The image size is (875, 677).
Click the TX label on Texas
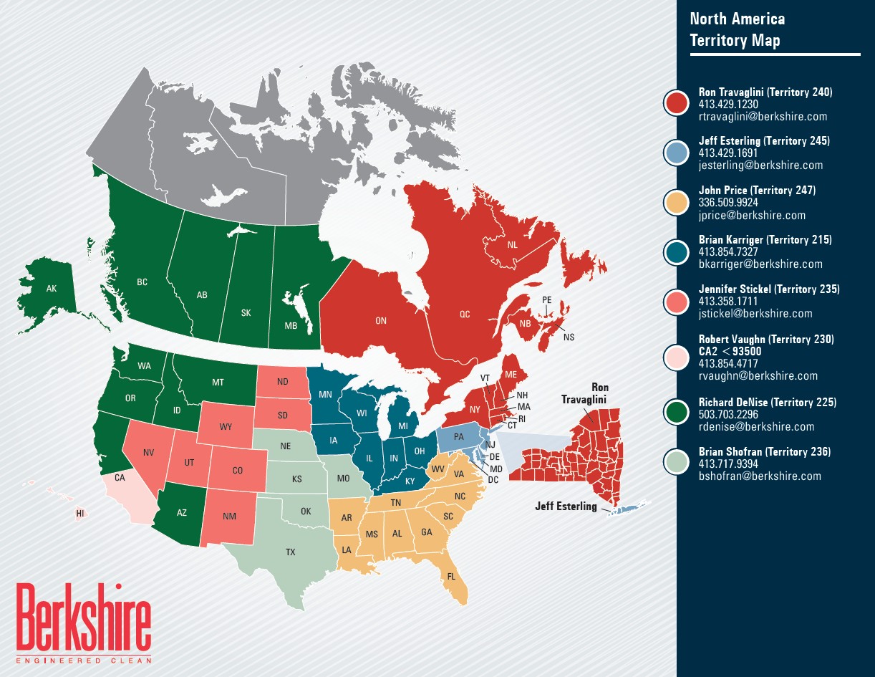tap(290, 552)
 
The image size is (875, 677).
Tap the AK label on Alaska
tap(51, 289)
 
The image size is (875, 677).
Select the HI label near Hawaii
tap(80, 514)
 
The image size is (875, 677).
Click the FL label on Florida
tap(451, 576)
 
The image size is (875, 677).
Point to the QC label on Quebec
tap(464, 315)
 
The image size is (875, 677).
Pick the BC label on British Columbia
tap(142, 282)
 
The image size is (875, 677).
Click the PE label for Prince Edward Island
tap(547, 299)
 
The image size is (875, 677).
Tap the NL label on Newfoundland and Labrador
tap(512, 245)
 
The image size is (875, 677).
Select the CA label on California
tap(120, 477)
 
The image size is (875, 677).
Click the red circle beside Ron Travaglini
tap(676, 103)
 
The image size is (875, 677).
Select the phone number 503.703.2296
tap(727, 415)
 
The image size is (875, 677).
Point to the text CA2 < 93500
tap(730, 352)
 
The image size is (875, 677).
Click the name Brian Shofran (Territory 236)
tap(764, 452)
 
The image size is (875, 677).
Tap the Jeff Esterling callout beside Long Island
tap(566, 506)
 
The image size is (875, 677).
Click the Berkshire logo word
tap(84, 617)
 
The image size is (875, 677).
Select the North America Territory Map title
tap(738, 29)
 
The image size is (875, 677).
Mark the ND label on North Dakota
tap(282, 382)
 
